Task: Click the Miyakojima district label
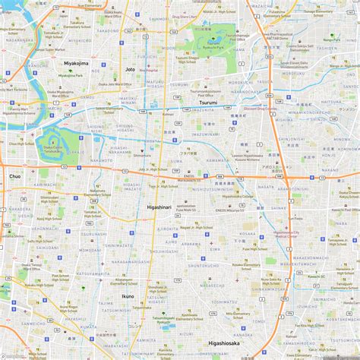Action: (x=75, y=63)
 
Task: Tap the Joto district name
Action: (x=130, y=69)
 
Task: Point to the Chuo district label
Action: (x=15, y=175)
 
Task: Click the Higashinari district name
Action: (x=159, y=206)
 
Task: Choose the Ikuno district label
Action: (x=128, y=295)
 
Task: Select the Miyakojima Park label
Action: (x=70, y=75)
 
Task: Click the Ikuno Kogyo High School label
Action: (x=158, y=290)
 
